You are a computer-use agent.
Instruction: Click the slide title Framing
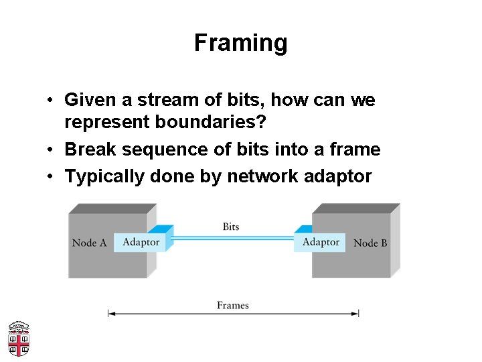tap(241, 43)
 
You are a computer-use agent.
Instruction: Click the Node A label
tap(89, 243)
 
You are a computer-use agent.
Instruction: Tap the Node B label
tap(370, 243)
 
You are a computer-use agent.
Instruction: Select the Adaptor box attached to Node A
tap(141, 242)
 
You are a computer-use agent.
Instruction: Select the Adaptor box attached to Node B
tap(321, 241)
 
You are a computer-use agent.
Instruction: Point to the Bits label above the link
tap(231, 227)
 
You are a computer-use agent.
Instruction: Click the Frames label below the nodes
tap(232, 305)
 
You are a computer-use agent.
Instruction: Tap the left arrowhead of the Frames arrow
tap(111, 313)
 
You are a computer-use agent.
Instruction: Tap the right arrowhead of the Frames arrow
tap(356, 313)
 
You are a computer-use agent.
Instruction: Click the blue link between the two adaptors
tap(231, 237)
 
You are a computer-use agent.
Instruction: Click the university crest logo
tap(19, 339)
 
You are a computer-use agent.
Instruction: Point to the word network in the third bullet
tap(262, 176)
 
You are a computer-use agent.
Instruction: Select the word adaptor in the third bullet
tap(337, 176)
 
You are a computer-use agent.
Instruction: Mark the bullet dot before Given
tap(51, 101)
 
